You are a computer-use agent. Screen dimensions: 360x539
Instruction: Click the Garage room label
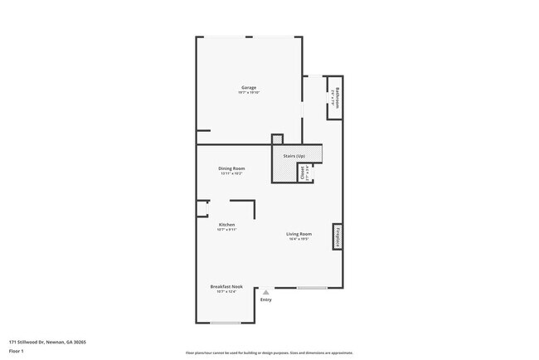point(249,87)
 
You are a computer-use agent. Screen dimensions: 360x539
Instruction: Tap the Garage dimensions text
point(249,93)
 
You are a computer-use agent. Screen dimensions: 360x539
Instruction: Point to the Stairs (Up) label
point(294,156)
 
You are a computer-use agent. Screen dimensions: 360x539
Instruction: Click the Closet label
point(303,173)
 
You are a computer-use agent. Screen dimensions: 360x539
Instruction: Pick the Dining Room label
point(231,168)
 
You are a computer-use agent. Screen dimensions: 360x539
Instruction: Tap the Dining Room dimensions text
point(231,174)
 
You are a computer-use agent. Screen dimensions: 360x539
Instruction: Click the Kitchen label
point(226,224)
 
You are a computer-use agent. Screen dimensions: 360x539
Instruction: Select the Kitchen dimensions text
point(226,230)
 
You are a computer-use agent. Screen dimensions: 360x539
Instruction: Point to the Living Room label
point(299,234)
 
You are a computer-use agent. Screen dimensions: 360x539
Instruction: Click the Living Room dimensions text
point(299,240)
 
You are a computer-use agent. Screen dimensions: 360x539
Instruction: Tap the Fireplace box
point(337,236)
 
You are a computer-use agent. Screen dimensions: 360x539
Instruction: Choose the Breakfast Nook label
point(226,285)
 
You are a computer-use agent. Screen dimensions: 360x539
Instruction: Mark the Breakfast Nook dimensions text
point(226,291)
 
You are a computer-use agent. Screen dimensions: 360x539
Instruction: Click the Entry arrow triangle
point(265,292)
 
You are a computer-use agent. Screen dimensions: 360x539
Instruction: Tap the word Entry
point(265,299)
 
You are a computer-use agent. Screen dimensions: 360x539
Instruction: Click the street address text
point(48,341)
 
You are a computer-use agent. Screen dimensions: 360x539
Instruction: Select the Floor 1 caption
point(17,352)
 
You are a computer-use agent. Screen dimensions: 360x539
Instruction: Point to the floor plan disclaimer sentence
point(269,353)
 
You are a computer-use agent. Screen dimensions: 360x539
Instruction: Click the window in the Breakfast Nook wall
point(226,323)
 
